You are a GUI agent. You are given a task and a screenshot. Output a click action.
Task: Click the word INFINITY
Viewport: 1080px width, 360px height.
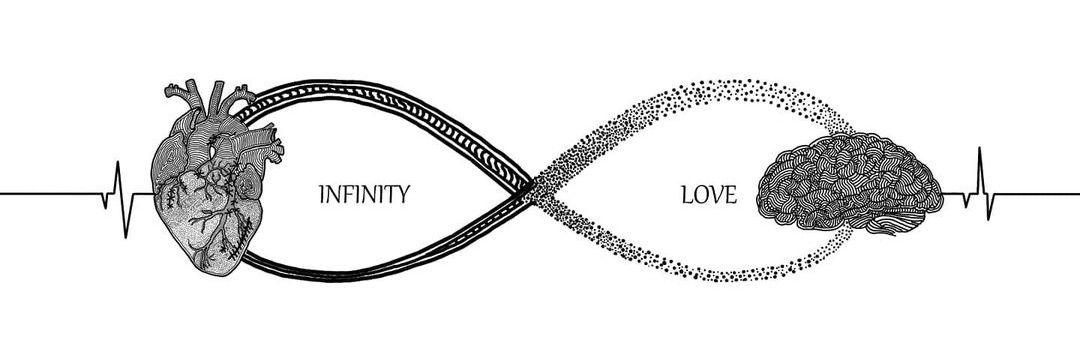(364, 195)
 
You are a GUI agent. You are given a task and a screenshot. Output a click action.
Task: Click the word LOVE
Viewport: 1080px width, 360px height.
(709, 195)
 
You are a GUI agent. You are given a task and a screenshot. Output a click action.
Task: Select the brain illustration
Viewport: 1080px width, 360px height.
(849, 183)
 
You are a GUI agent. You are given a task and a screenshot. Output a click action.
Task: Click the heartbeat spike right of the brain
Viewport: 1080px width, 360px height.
(980, 184)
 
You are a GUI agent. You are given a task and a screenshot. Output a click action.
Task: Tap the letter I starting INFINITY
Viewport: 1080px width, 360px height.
(322, 195)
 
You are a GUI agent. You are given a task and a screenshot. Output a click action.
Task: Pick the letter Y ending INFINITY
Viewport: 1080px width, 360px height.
(403, 195)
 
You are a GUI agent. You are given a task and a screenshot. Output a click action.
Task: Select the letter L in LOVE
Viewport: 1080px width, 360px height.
(687, 195)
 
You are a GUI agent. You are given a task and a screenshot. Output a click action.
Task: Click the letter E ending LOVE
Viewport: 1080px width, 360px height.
(731, 195)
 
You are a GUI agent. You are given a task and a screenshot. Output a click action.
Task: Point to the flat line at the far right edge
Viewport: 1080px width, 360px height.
(1038, 193)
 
